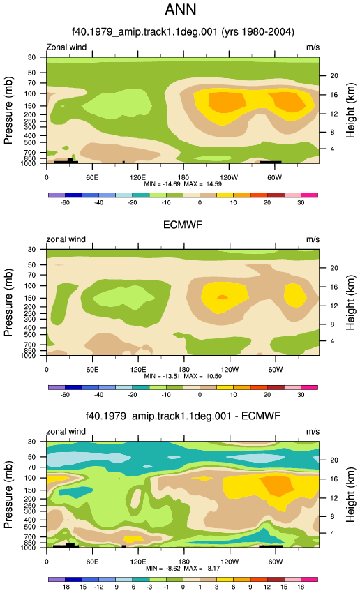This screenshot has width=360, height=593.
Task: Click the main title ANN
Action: [x=181, y=10]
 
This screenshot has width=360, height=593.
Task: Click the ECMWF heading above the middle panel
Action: [x=183, y=225]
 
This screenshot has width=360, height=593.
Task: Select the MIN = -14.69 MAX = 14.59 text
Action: [x=183, y=184]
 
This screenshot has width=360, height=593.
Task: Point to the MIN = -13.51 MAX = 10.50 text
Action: [x=183, y=376]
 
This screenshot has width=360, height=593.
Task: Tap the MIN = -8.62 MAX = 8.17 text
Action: [x=183, y=569]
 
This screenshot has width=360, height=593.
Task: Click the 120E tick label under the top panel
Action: [x=137, y=177]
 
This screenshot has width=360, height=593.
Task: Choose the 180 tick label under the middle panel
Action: [x=183, y=370]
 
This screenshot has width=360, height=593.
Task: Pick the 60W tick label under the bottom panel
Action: [x=276, y=562]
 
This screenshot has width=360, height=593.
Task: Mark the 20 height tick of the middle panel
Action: [x=334, y=268]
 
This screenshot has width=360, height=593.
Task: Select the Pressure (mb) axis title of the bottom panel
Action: [x=8, y=495]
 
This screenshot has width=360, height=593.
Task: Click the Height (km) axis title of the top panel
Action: [x=350, y=110]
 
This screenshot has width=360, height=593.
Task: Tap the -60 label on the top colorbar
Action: [x=65, y=202]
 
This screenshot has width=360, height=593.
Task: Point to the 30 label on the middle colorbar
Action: [x=301, y=394]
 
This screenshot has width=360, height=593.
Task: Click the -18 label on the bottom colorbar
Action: [x=65, y=587]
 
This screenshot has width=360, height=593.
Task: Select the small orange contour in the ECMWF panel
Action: [x=223, y=297]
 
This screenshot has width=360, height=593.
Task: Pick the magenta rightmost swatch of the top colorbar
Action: [x=309, y=195]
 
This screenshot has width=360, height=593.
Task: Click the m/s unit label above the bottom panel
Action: [x=313, y=432]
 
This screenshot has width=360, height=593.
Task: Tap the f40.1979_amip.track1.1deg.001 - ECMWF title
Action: [x=183, y=416]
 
